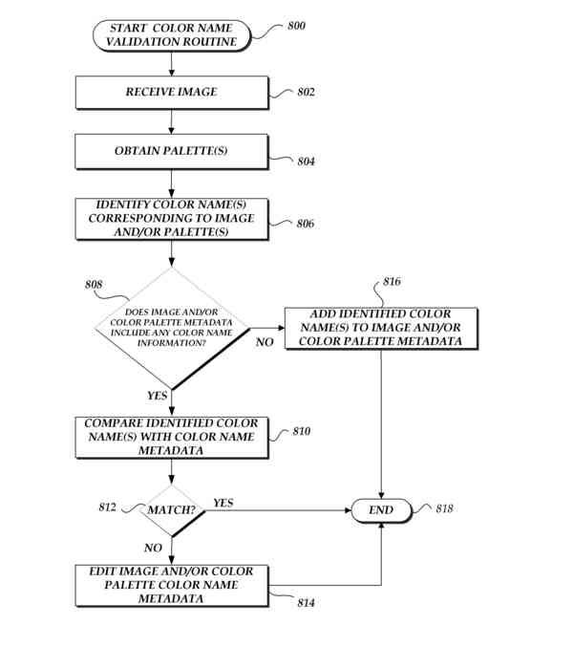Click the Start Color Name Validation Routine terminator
172,36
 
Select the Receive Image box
172,92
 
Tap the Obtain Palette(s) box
172,151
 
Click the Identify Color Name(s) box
172,218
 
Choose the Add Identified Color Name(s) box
382,328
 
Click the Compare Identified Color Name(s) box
172,437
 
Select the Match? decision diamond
172,509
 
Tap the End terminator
381,509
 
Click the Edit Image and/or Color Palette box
172,584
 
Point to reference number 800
297,26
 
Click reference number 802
306,93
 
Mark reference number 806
306,224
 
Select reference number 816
392,282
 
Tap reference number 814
306,603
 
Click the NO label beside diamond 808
265,341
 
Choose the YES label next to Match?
223,502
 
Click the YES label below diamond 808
158,395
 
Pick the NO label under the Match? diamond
153,548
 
